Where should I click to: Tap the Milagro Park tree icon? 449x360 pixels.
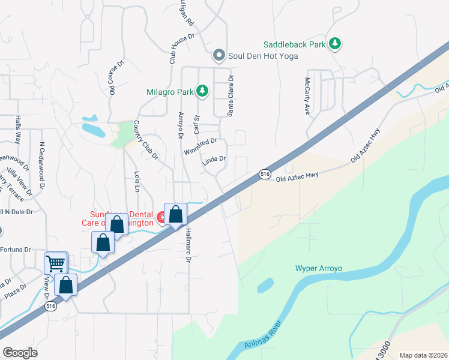pos(202,91)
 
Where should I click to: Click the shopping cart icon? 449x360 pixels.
pos(56,262)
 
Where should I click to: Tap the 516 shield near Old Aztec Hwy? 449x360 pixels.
pos(265,174)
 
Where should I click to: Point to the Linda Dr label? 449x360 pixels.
pos(213,159)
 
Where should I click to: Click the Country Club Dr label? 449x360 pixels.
pos(145,140)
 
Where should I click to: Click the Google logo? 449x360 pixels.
pos(20,353)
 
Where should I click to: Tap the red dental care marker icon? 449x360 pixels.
pos(161,217)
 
